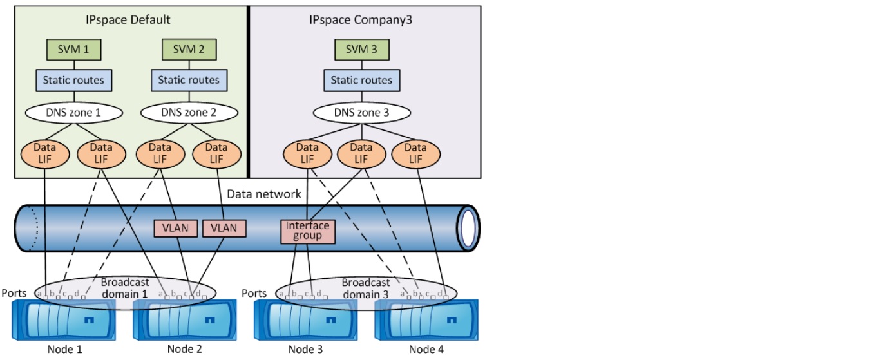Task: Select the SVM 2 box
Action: pos(189,50)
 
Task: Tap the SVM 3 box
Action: pos(361,50)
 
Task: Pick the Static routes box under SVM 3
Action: pos(361,81)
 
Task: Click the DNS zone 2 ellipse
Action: pos(189,113)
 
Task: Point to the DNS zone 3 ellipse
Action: pos(361,113)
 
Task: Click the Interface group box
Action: pos(308,231)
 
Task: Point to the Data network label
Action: pos(264,194)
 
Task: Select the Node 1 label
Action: pos(64,350)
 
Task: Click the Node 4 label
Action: pos(426,350)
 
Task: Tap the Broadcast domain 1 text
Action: pos(125,288)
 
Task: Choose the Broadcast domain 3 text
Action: pos(365,288)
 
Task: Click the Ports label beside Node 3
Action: pos(254,293)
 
